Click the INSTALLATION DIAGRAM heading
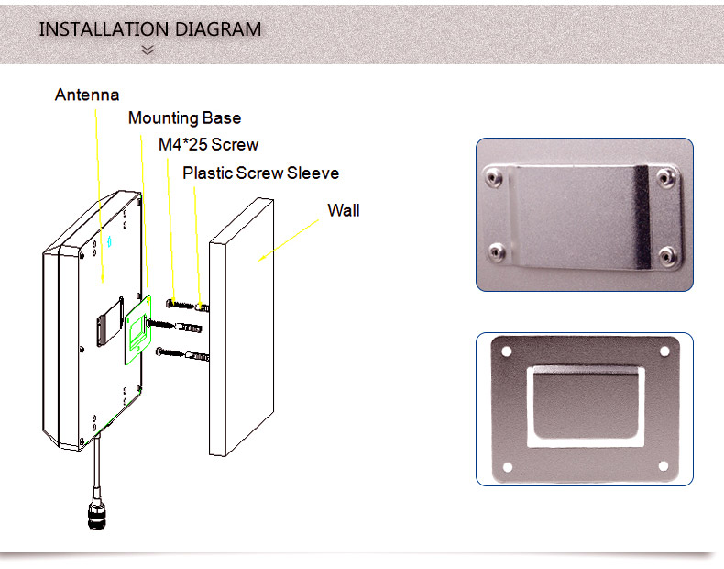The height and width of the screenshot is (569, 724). click(x=150, y=29)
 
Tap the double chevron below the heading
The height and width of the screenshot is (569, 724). click(x=148, y=50)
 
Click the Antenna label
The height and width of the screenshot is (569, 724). click(x=87, y=95)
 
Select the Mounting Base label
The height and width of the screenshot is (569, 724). click(x=185, y=118)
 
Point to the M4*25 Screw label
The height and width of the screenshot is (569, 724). click(x=208, y=145)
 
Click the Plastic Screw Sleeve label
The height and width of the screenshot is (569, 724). click(x=261, y=173)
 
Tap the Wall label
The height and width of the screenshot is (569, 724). click(x=344, y=210)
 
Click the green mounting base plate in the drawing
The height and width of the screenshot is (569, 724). click(x=138, y=330)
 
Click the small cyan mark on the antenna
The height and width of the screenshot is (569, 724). click(x=109, y=241)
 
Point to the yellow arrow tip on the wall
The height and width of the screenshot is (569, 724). click(x=258, y=262)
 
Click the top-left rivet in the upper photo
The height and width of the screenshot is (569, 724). click(x=494, y=177)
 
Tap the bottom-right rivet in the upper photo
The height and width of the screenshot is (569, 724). click(x=667, y=256)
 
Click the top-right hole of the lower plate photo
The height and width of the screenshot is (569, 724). click(x=664, y=351)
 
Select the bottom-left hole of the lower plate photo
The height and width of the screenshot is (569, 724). click(x=508, y=467)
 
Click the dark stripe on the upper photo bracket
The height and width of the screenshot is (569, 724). click(x=642, y=218)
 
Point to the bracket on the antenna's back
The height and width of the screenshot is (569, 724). click(x=110, y=322)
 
